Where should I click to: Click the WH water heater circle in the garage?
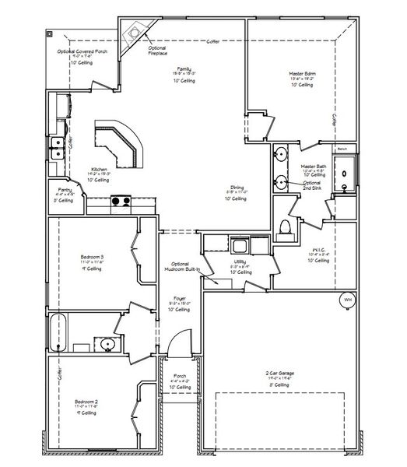click(x=347, y=300)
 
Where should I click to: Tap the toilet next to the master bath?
click(x=286, y=226)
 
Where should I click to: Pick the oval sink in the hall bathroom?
click(x=107, y=342)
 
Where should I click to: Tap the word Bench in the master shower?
click(x=342, y=148)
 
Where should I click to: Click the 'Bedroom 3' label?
click(x=92, y=257)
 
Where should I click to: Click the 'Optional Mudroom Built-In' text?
click(x=181, y=265)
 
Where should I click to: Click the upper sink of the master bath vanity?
click(x=280, y=153)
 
